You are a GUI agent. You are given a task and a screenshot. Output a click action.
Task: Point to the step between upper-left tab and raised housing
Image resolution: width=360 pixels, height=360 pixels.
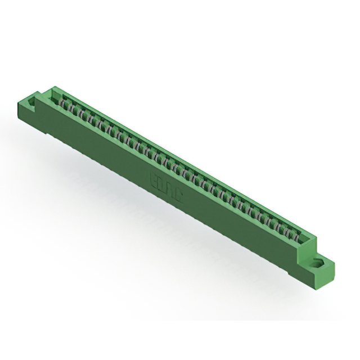tap(42, 94)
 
